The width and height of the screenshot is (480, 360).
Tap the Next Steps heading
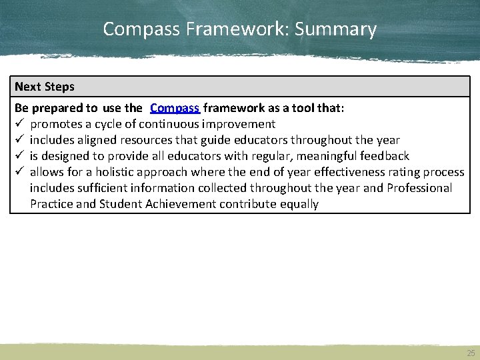click(x=45, y=87)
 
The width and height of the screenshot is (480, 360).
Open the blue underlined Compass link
click(x=175, y=108)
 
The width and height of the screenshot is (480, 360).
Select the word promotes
click(x=57, y=124)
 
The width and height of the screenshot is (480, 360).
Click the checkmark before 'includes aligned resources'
click(x=19, y=140)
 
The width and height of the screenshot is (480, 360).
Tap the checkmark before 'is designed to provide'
click(x=19, y=156)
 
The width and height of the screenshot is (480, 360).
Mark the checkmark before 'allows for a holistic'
click(x=19, y=172)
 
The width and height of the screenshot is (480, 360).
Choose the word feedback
click(x=385, y=156)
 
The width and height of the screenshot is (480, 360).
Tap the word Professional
click(x=419, y=188)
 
